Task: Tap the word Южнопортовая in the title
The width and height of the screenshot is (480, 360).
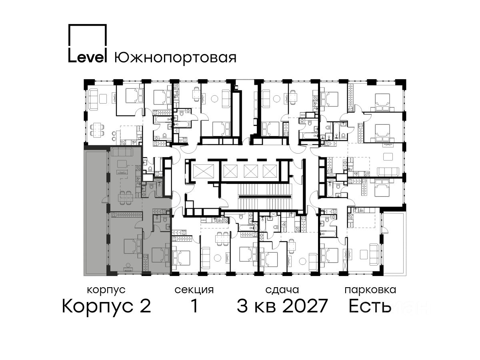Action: [175, 58]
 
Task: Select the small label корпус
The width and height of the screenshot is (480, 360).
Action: [106, 290]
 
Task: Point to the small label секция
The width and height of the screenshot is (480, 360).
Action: [194, 290]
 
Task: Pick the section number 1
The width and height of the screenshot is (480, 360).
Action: [194, 306]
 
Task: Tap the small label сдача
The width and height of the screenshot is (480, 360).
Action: [282, 290]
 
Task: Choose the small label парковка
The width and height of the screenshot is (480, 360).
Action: [370, 290]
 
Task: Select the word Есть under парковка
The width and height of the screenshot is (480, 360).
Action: [370, 306]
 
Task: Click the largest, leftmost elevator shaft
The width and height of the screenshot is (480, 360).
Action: [203, 171]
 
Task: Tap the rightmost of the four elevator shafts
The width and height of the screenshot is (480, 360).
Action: [270, 171]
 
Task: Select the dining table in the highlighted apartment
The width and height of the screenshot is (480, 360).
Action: [125, 198]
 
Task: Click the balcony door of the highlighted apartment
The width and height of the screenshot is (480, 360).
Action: [105, 200]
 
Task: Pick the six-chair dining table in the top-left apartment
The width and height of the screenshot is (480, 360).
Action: [97, 130]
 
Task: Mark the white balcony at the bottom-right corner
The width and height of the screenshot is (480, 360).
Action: [393, 244]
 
